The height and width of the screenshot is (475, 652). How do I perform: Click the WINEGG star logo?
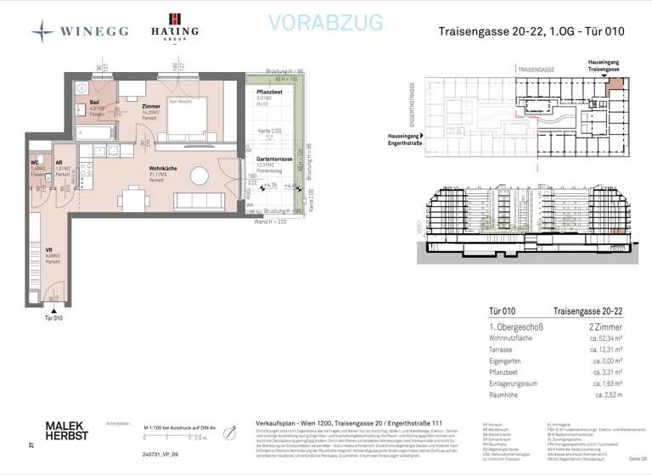click(42, 31)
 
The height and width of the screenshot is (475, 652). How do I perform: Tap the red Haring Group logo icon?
click(175, 20)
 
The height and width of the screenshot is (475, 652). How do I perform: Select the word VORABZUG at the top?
click(325, 22)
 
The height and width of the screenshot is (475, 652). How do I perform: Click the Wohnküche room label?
click(162, 169)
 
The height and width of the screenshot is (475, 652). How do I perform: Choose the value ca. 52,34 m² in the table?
click(605, 338)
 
